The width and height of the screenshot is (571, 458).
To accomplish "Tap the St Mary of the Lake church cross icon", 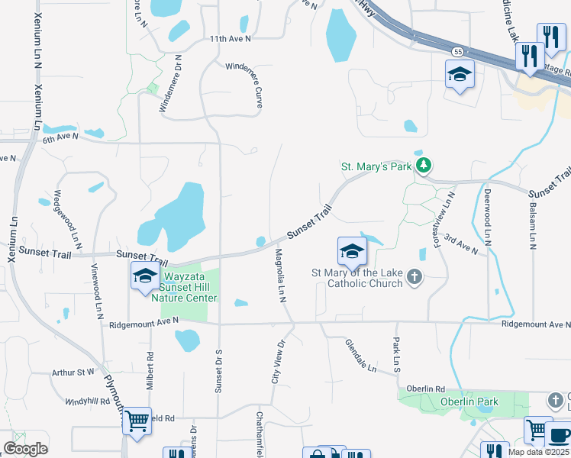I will pyautogui.click(x=415, y=276).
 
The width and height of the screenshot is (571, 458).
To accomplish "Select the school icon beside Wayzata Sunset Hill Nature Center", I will pyautogui.click(x=144, y=276).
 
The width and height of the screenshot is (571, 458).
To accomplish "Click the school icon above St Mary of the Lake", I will pyautogui.click(x=352, y=250).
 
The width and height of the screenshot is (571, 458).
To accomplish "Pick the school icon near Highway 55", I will pyautogui.click(x=460, y=74).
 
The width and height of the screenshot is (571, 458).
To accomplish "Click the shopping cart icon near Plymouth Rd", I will pyautogui.click(x=137, y=419).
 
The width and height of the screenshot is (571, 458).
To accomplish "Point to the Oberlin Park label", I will pyautogui.click(x=469, y=401).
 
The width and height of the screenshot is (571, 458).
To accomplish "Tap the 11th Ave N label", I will pyautogui.click(x=230, y=38).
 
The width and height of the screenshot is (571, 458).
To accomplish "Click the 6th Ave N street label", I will pyautogui.click(x=61, y=137).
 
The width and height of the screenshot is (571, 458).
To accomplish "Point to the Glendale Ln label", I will pyautogui.click(x=361, y=356).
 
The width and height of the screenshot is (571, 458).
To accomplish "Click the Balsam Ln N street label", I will pyautogui.click(x=532, y=225).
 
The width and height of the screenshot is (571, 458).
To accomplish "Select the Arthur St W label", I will pyautogui.click(x=73, y=373).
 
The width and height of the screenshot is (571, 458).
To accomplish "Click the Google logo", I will pyautogui.click(x=25, y=449).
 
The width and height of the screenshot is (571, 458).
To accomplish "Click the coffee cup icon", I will pyautogui.click(x=560, y=434).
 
